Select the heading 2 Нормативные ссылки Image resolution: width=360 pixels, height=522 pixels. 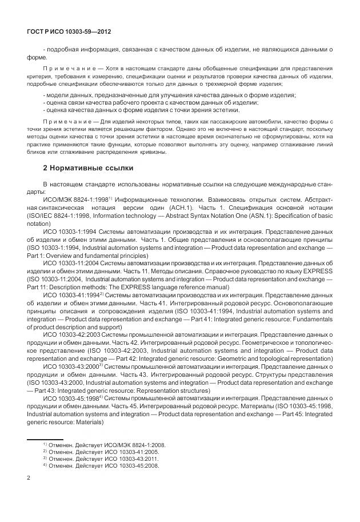point(89,168)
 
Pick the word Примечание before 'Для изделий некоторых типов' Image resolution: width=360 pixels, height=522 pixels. point(67,122)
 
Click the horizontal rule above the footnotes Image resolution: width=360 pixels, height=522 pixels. point(46,439)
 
